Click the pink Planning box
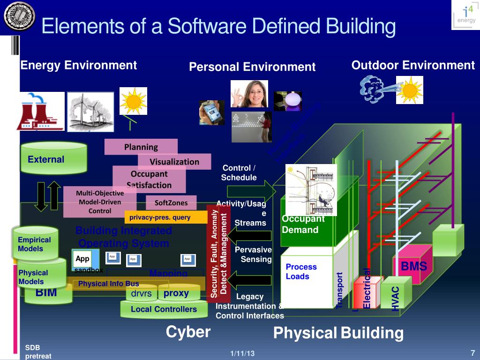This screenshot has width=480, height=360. click(141, 147)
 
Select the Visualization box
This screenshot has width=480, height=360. click(174, 162)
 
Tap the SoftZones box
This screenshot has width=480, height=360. click(171, 203)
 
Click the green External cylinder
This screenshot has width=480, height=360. click(53, 158)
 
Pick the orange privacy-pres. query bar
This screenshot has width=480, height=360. click(165, 217)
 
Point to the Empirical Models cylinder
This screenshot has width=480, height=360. click(36, 243)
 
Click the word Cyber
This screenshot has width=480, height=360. click(188, 332)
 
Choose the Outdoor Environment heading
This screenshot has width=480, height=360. click(413, 65)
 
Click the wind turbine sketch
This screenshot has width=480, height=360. click(90, 112)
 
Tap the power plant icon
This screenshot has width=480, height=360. click(40, 111)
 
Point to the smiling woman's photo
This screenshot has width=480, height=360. click(249, 94)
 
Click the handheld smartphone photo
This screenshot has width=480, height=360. click(211, 113)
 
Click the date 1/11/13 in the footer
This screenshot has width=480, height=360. click(242, 353)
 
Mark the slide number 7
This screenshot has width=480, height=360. click(472, 352)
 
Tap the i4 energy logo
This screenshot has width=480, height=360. click(465, 15)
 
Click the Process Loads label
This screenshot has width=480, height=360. click(301, 271)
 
